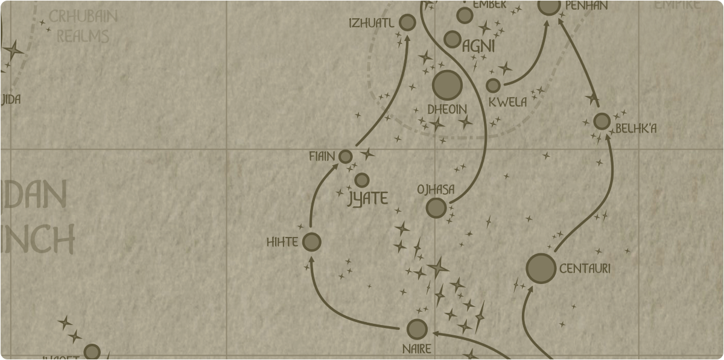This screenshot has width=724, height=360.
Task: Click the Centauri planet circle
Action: (541, 268)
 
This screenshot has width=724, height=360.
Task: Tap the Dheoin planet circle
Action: (447, 85)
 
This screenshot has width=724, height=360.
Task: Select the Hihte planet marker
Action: (311, 242)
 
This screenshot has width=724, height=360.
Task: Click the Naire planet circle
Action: (417, 329)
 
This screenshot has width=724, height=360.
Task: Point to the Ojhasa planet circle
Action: (436, 208)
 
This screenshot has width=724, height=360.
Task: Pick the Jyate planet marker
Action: (362, 180)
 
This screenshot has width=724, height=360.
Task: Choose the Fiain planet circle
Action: (345, 157)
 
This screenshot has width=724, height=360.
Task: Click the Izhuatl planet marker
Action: (408, 23)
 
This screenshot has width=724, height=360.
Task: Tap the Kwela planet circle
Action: (494, 86)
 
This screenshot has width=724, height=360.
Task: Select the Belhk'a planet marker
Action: (602, 121)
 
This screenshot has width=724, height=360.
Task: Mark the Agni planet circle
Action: (453, 39)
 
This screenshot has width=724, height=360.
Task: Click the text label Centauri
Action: (585, 269)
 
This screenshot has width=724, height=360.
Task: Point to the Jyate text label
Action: (368, 198)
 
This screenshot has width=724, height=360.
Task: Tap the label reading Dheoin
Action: (447, 110)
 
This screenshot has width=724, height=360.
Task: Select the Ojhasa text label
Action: (436, 190)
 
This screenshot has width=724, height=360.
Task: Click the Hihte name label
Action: (282, 242)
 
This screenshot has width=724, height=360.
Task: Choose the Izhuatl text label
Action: (372, 24)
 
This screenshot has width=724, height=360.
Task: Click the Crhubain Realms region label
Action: (83, 27)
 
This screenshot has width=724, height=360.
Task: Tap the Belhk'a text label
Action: (636, 128)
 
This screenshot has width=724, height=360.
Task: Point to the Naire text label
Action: (416, 349)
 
